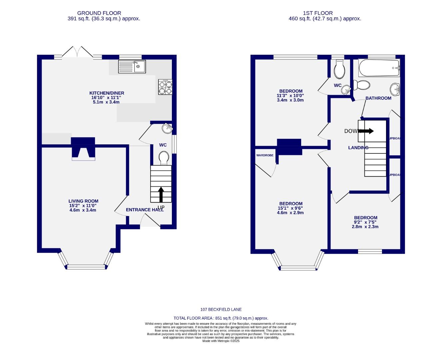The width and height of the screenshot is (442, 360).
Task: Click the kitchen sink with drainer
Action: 132,67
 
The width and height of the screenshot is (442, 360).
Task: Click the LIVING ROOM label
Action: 83,201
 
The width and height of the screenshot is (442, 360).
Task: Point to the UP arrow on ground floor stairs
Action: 161,195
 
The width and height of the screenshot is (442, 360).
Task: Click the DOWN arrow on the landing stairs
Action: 366,131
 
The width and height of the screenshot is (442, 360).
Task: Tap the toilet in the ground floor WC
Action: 164,158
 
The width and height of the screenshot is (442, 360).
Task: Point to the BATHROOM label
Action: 378,98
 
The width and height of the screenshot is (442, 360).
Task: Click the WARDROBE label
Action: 265,155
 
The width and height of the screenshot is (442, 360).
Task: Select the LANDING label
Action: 358,148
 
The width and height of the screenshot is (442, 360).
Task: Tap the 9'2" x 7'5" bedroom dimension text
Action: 365,222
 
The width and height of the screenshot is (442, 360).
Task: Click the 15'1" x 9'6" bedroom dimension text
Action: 290,208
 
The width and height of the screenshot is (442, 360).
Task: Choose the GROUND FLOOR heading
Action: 99,13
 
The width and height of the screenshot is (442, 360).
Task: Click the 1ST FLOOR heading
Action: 318,13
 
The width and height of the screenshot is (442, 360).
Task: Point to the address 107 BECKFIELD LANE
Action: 221,310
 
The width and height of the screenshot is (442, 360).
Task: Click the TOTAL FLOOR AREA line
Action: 221,318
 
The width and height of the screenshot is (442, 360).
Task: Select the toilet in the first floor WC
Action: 340,69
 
